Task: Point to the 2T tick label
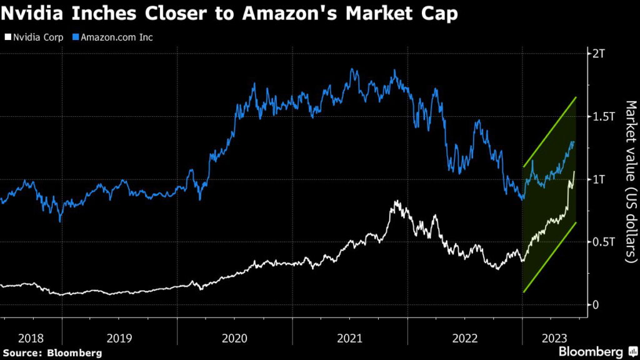pos(598,54)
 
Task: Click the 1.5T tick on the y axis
pos(602,117)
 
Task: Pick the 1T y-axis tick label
pos(598,179)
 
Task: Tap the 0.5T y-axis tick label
pos(602,242)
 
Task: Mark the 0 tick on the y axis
pos(596,304)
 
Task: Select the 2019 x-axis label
pos(119,338)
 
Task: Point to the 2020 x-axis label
pos(234,338)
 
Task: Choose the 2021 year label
pos(350,338)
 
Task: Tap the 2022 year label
pos(465,338)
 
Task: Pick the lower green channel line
pos(550,257)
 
